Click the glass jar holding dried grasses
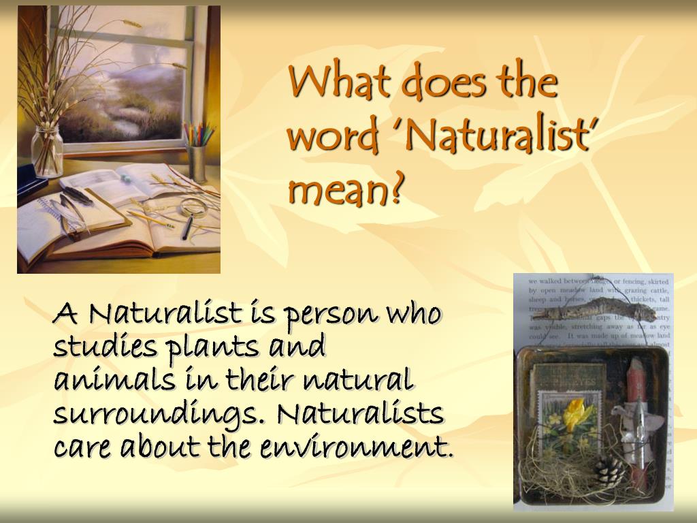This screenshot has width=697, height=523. click(x=48, y=151)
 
